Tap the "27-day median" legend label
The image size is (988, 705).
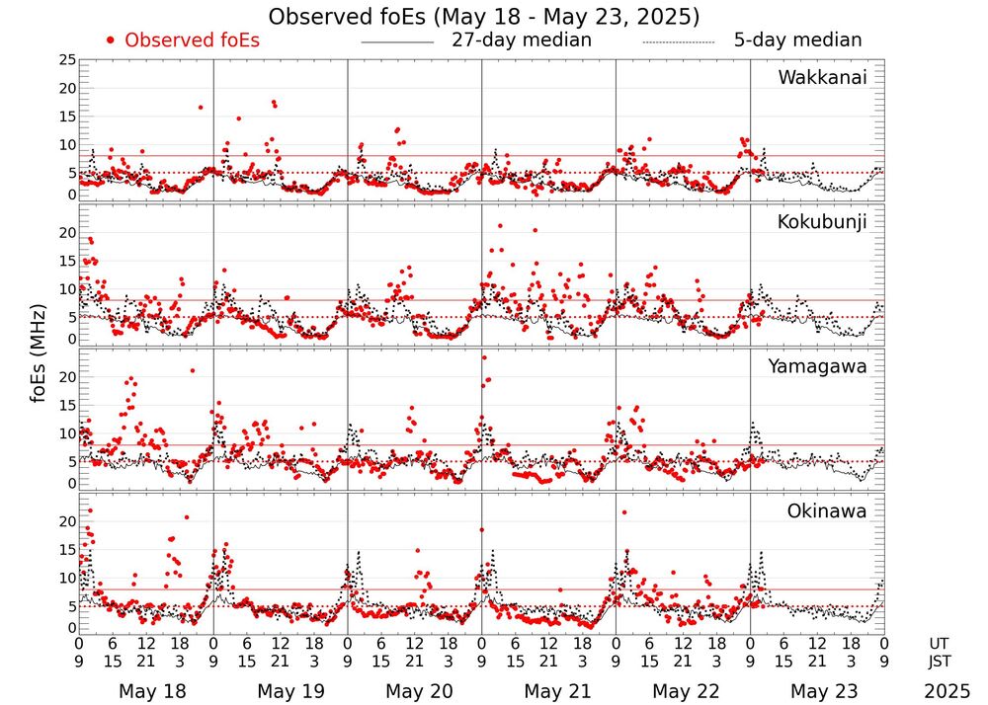[x=522, y=40]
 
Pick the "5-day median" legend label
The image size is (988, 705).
[x=797, y=40]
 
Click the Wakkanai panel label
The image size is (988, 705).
[x=822, y=78]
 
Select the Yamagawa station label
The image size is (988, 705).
[x=818, y=366]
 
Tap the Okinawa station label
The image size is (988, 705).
[x=827, y=511]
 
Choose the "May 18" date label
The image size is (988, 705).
[x=152, y=691]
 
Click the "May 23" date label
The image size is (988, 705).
[x=824, y=691]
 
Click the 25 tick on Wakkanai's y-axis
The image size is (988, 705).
[x=67, y=60]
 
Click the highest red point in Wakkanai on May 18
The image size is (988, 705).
[x=200, y=107]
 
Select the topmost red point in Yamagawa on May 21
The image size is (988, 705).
[x=483, y=357]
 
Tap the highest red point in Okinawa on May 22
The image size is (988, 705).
[x=624, y=512]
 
